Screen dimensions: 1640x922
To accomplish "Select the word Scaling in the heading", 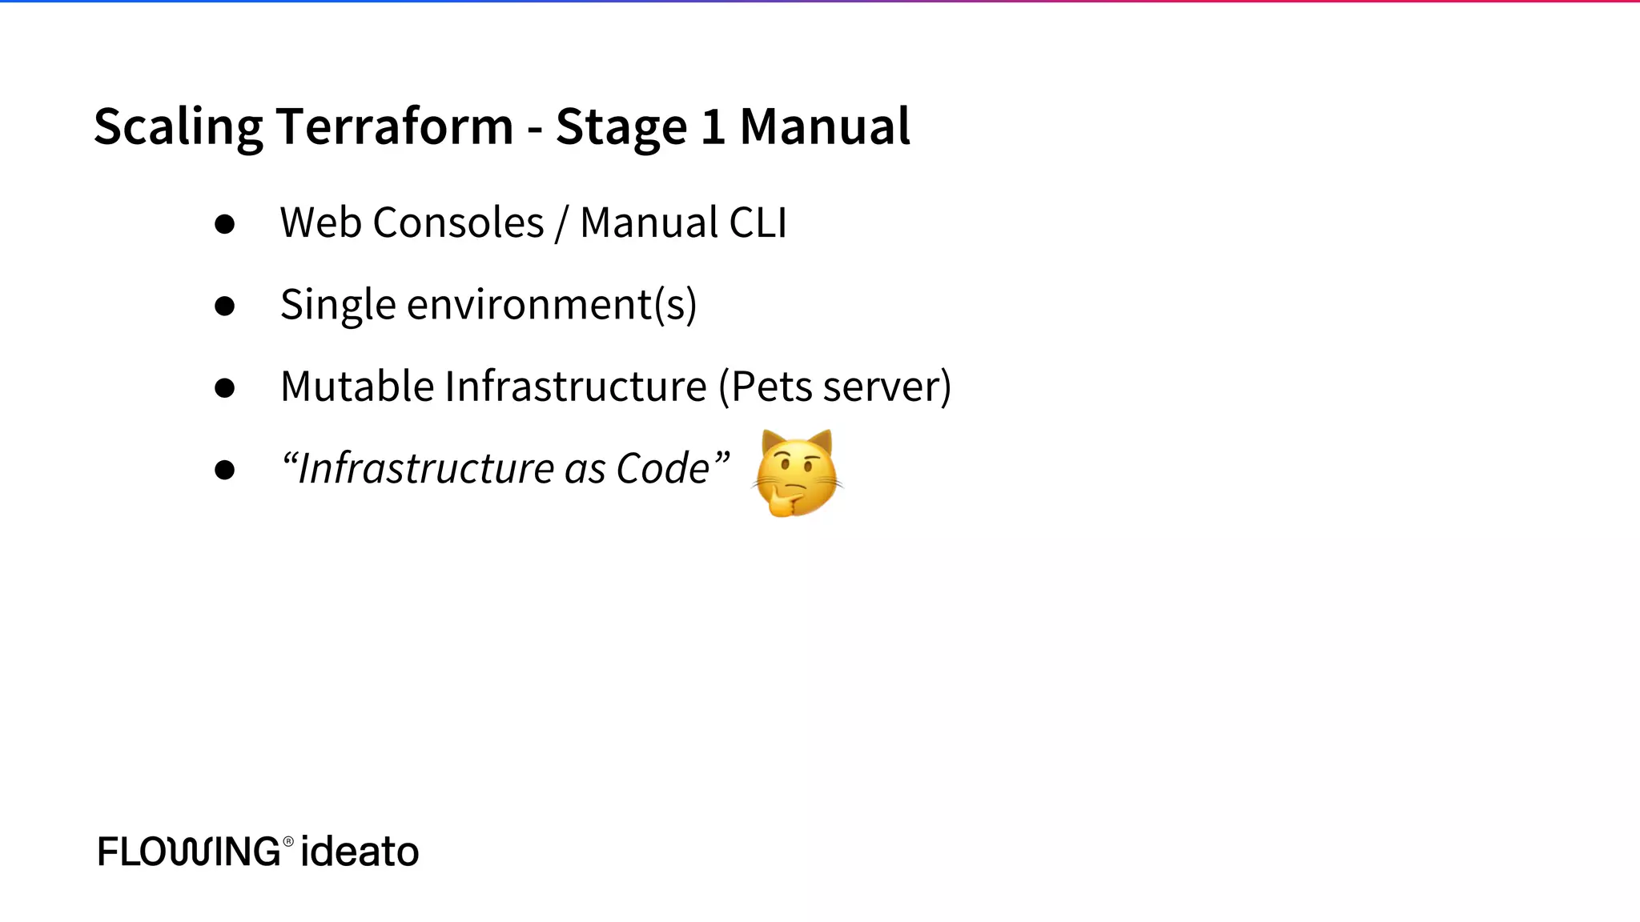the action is [x=178, y=126].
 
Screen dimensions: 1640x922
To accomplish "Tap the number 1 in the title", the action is [x=713, y=126].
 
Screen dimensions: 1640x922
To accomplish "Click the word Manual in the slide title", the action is [x=825, y=126].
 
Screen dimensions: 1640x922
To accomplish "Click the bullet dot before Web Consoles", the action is [x=225, y=224].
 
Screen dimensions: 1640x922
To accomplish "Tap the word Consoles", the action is [x=458, y=222].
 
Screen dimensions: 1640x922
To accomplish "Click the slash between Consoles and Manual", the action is [x=561, y=224].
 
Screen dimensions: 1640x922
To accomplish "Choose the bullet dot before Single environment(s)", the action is [x=225, y=306].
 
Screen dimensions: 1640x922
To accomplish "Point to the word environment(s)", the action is [x=552, y=306].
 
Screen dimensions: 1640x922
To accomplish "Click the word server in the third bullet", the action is [x=881, y=388].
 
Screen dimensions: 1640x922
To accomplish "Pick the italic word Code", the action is [x=662, y=468].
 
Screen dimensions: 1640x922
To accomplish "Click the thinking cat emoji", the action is [x=797, y=474].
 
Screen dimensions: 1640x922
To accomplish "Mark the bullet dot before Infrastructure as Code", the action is [x=225, y=470].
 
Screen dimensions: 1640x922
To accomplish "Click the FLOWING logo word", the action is [x=189, y=852].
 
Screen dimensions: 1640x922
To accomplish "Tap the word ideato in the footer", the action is [x=360, y=852].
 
